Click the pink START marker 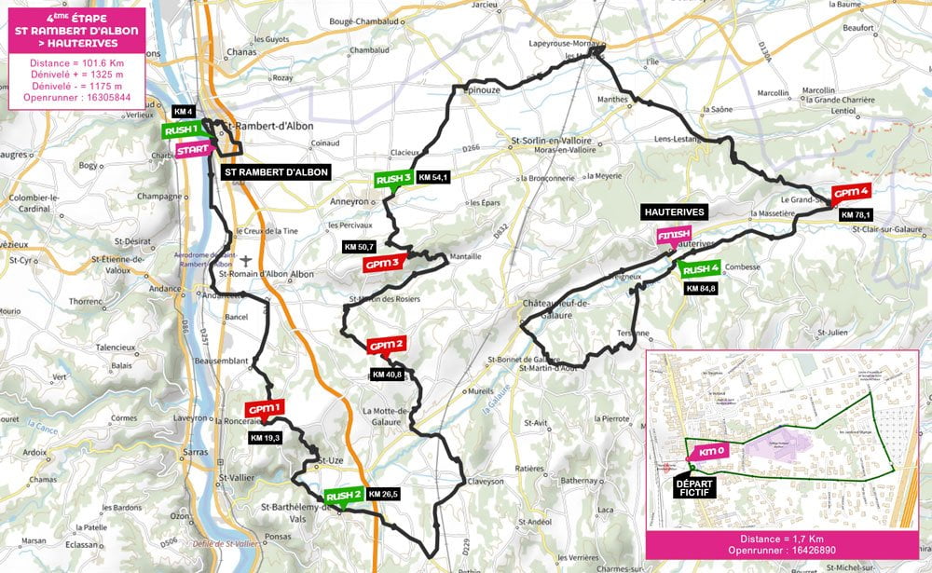pyautogui.click(x=192, y=149)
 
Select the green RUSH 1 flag pyautogui.click(x=181, y=130)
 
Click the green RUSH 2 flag pyautogui.click(x=343, y=495)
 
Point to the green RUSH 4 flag pyautogui.click(x=700, y=270)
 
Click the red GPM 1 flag pyautogui.click(x=264, y=409)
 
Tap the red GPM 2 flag pyautogui.click(x=386, y=346)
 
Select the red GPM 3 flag pyautogui.click(x=382, y=264)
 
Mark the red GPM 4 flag pyautogui.click(x=850, y=193)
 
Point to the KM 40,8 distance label pyautogui.click(x=387, y=375)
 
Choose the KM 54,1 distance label pyautogui.click(x=434, y=177)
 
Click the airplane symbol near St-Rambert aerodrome pyautogui.click(x=245, y=260)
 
